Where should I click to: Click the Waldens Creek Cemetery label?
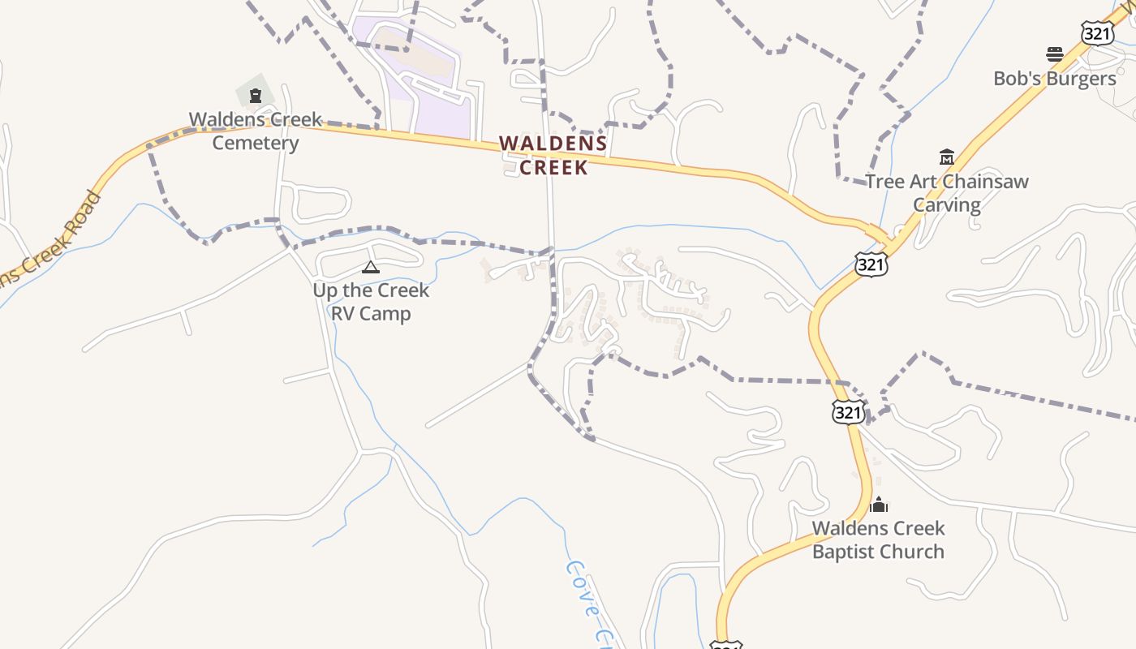click(256, 131)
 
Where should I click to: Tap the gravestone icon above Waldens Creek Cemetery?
click(256, 96)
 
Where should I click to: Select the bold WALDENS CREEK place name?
click(553, 155)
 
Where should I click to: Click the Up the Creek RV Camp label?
click(371, 302)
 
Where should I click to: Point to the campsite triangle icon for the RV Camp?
click(370, 268)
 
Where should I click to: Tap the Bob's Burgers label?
click(1055, 79)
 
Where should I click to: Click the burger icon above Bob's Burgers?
click(1055, 55)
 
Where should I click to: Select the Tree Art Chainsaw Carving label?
click(947, 192)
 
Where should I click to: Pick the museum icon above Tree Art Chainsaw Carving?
click(946, 157)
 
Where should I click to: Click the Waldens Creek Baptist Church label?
click(879, 539)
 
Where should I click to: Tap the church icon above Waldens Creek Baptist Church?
click(879, 505)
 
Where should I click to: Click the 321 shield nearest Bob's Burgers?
click(1095, 32)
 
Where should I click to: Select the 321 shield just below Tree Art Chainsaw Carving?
click(871, 264)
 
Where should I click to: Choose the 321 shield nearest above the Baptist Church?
click(848, 411)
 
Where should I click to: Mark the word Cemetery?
click(256, 143)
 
